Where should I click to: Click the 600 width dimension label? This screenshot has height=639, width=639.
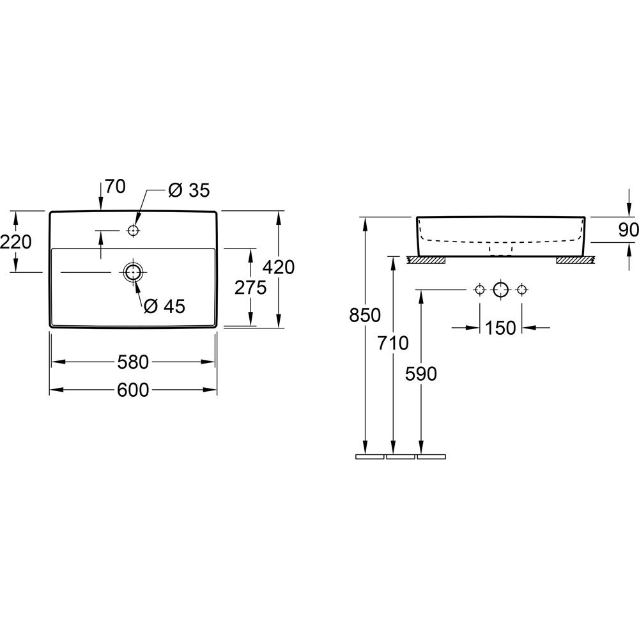pos(133,390)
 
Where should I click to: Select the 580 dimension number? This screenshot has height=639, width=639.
pos(133,362)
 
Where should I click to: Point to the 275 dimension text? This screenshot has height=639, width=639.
pos(250,288)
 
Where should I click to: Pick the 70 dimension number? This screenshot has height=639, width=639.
pos(115,187)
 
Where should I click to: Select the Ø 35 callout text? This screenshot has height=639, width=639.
pos(189,190)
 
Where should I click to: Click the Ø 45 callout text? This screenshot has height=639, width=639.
pos(164,307)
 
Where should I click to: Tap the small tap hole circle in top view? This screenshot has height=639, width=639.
pos(134,229)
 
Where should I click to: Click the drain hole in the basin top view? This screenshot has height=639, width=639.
pos(132,272)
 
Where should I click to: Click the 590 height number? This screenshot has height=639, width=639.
pos(421,374)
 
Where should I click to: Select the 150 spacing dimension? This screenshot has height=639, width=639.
pos(500,328)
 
